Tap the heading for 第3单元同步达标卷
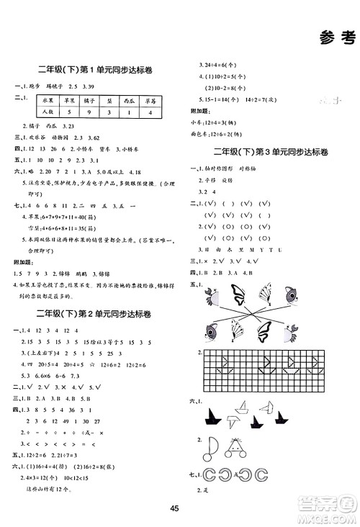tap(270, 153)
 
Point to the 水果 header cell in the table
tap(49, 99)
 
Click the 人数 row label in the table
tap(49, 112)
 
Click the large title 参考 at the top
tap(338, 38)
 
